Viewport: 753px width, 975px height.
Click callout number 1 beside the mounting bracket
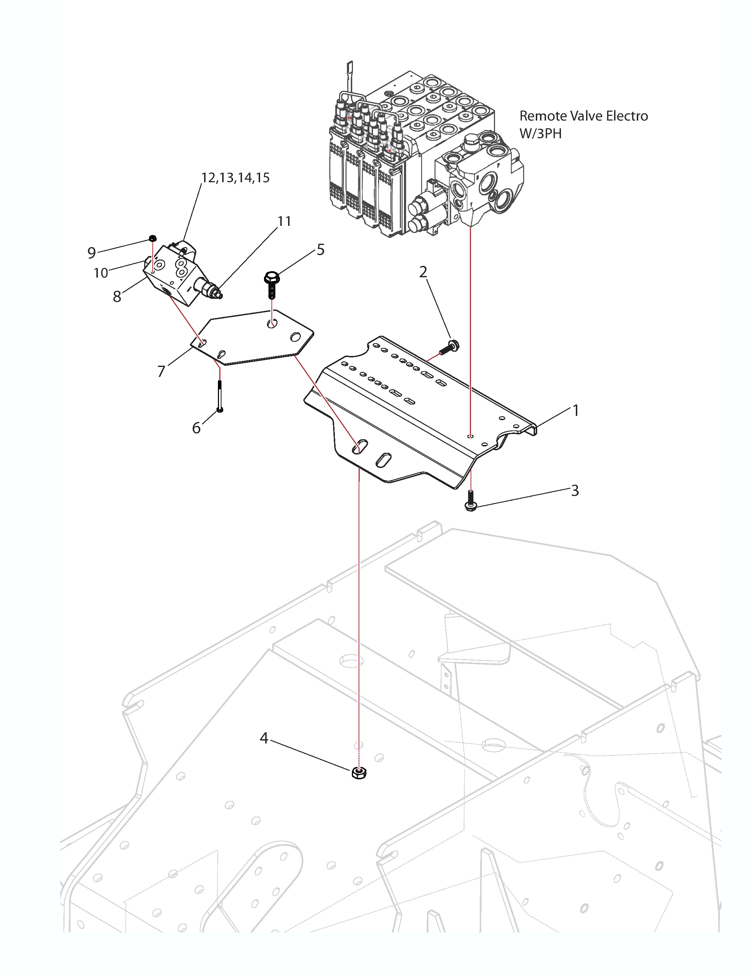pos(575,410)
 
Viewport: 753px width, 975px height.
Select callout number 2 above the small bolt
pos(423,272)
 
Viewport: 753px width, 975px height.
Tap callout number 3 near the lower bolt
pos(575,491)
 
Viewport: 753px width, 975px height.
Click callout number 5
pos(320,250)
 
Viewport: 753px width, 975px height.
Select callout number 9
pos(91,253)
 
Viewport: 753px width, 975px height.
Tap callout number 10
pos(101,273)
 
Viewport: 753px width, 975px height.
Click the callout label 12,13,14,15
pos(236,178)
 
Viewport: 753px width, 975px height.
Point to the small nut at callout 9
pos(153,238)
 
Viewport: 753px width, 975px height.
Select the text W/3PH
pos(541,133)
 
